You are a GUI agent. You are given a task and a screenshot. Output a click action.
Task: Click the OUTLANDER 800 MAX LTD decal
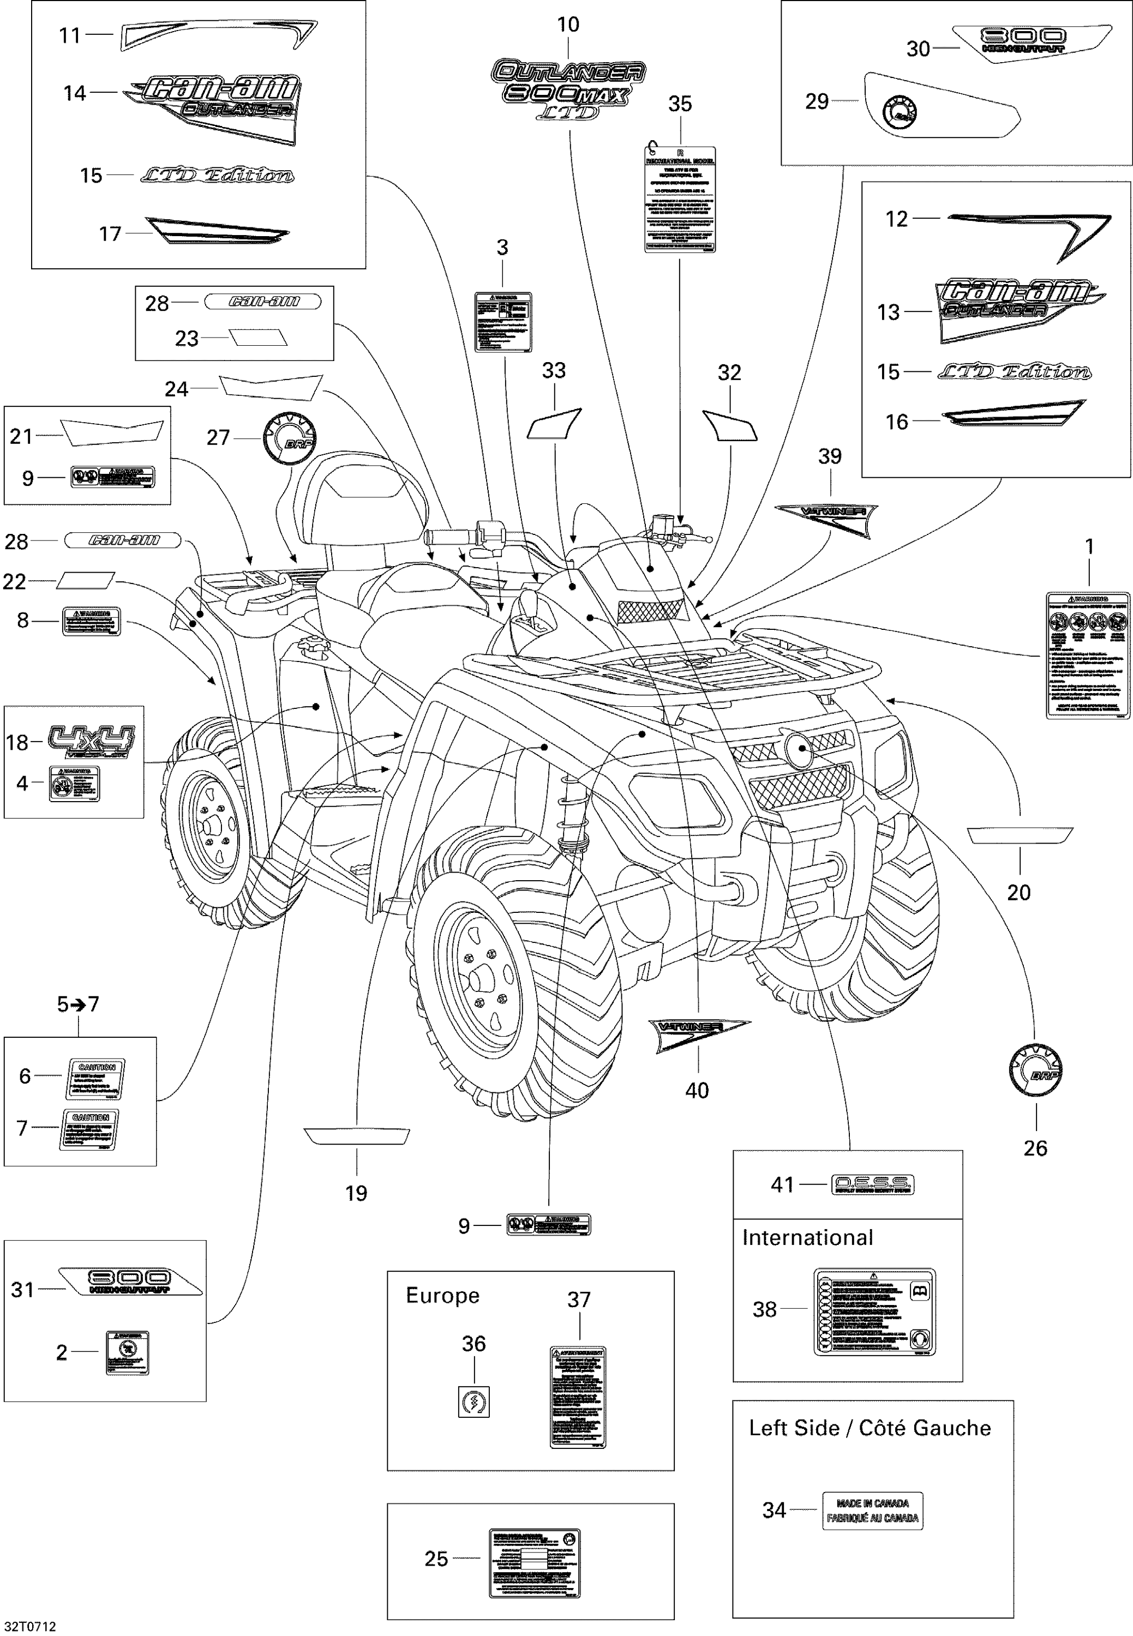point(568,89)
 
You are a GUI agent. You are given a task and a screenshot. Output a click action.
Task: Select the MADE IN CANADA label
point(872,1511)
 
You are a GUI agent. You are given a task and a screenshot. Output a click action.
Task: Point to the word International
point(807,1238)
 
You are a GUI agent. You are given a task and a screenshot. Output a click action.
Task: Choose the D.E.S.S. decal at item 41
point(872,1184)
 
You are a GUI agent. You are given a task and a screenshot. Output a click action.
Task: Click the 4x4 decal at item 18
point(91,742)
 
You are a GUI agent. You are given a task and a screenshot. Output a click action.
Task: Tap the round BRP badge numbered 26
point(1035,1069)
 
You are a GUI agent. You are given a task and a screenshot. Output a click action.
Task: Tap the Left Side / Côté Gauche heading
point(870,1428)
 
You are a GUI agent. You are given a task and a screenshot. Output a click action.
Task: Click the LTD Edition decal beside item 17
point(217,175)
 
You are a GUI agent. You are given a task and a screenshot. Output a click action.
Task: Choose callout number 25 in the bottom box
point(436,1559)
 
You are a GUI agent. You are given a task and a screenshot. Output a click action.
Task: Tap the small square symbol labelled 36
point(473,1402)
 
